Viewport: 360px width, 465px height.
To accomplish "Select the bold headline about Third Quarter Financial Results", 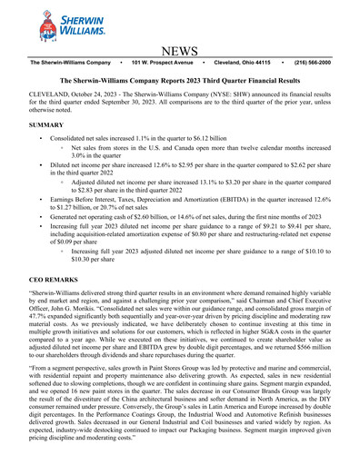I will pos(180,81).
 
